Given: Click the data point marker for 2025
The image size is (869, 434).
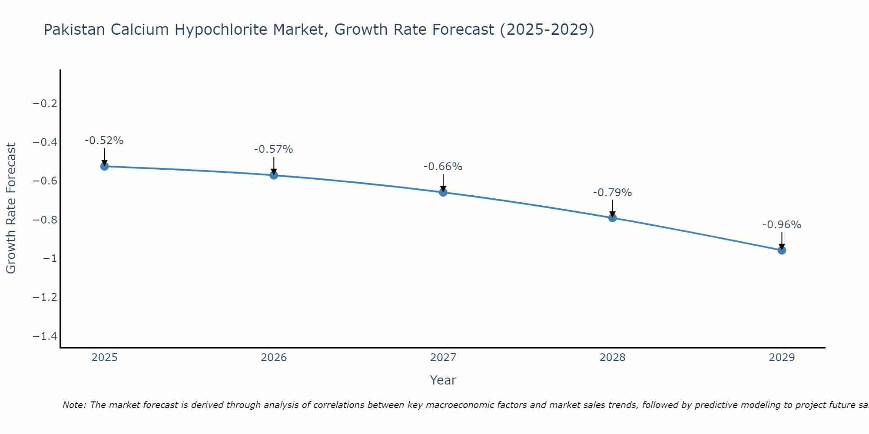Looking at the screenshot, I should click(104, 166).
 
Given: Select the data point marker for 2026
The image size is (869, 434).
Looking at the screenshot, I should click(274, 175).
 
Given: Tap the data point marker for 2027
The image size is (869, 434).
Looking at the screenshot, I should click(443, 192).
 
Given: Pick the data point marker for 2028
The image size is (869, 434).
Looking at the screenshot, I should click(613, 218).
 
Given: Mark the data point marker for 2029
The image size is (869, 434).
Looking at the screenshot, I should click(782, 250).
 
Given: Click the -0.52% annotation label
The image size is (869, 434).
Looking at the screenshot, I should click(104, 141).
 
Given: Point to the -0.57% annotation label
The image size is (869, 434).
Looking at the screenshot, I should click(274, 149).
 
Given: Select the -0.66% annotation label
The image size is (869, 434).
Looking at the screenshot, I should click(443, 167).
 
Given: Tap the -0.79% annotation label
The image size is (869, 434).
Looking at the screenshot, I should click(613, 193).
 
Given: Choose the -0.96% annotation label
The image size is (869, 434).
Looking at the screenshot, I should click(782, 225).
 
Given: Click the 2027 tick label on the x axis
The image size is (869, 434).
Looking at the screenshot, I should click(443, 358).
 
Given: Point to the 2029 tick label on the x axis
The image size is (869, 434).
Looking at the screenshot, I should click(782, 358).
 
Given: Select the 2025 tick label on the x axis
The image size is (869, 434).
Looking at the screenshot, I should click(104, 358).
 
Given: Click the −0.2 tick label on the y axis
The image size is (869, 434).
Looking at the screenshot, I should click(45, 103).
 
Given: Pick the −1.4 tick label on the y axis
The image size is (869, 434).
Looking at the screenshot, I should click(45, 336).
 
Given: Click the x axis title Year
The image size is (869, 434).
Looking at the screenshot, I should click(443, 380).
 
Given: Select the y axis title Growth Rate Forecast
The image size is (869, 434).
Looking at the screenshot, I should click(11, 208).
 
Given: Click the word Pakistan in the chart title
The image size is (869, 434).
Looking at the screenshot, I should click(74, 30).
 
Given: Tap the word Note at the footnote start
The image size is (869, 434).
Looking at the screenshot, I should click(74, 405).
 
